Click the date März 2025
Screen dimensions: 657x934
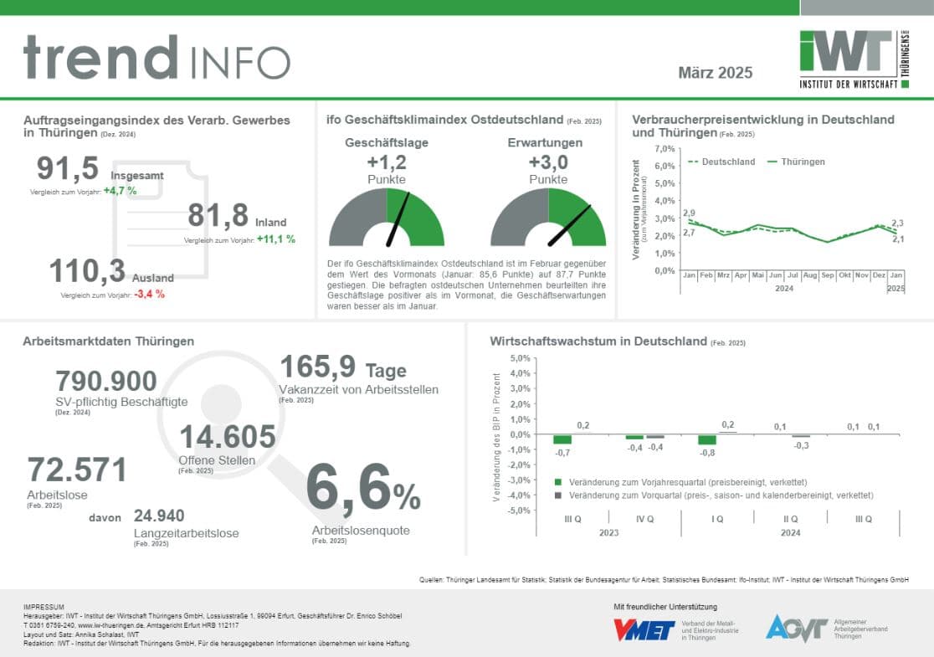715,73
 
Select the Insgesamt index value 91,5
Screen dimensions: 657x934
68,169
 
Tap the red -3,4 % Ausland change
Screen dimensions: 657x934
149,295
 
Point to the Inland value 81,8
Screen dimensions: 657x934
218,216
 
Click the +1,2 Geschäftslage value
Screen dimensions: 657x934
386,162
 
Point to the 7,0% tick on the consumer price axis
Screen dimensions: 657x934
664,149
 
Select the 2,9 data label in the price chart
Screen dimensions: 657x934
689,214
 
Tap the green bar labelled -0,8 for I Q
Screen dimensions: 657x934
707,440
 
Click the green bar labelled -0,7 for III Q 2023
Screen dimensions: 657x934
562,439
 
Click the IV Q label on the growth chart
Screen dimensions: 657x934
645,519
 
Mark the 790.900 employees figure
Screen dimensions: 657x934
105,381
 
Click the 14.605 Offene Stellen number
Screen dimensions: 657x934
227,437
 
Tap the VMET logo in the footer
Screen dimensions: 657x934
644,629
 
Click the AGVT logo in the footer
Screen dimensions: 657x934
796,629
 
